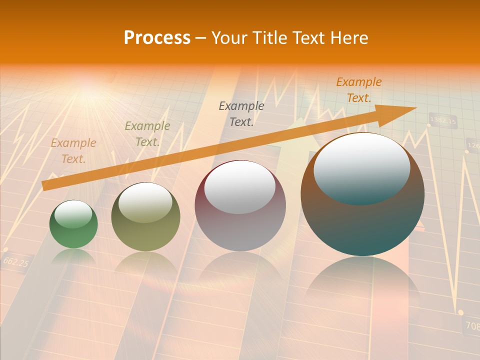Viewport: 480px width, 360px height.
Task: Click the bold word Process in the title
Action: [157, 37]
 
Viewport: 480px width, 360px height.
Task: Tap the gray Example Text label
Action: [241, 113]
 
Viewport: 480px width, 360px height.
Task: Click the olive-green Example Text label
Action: [147, 133]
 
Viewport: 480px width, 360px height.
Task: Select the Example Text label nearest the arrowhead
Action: [359, 90]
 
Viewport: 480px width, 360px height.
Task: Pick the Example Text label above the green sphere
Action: [73, 150]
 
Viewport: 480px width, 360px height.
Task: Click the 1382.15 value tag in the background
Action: [443, 120]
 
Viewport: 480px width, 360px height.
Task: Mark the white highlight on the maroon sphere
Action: [240, 186]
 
